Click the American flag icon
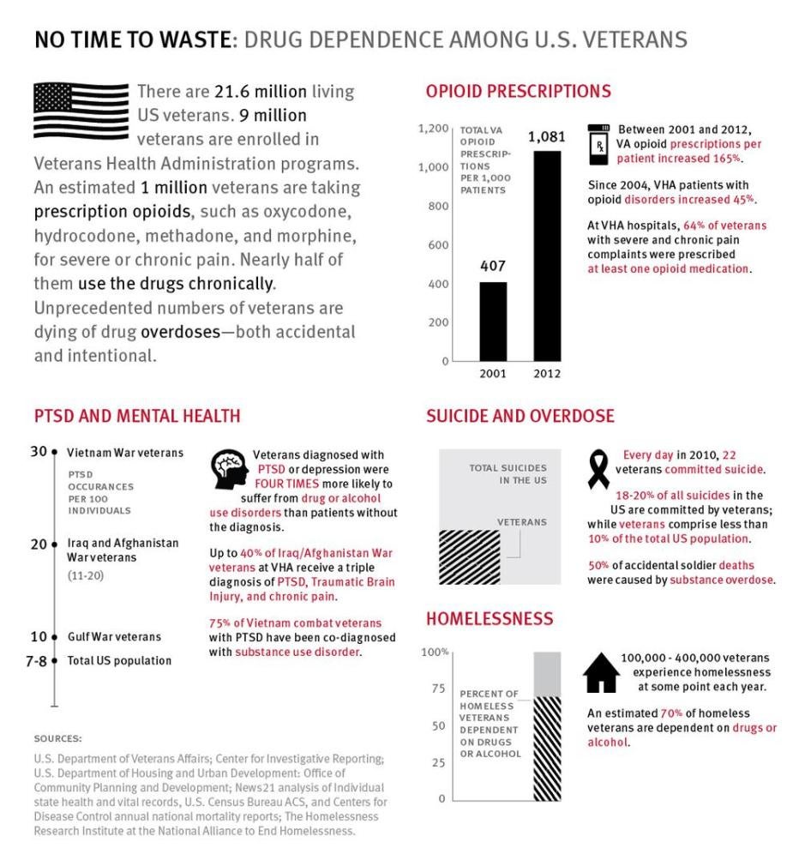(81, 111)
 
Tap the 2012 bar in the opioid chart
(547, 256)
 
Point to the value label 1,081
(547, 137)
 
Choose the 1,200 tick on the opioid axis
(433, 129)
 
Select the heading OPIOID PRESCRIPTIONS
(518, 91)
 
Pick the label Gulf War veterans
(114, 637)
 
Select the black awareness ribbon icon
(598, 471)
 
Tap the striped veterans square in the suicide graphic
(467, 557)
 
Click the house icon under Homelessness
(601, 672)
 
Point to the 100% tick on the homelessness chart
(436, 653)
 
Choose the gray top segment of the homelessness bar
(547, 673)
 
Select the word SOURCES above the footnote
(58, 737)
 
